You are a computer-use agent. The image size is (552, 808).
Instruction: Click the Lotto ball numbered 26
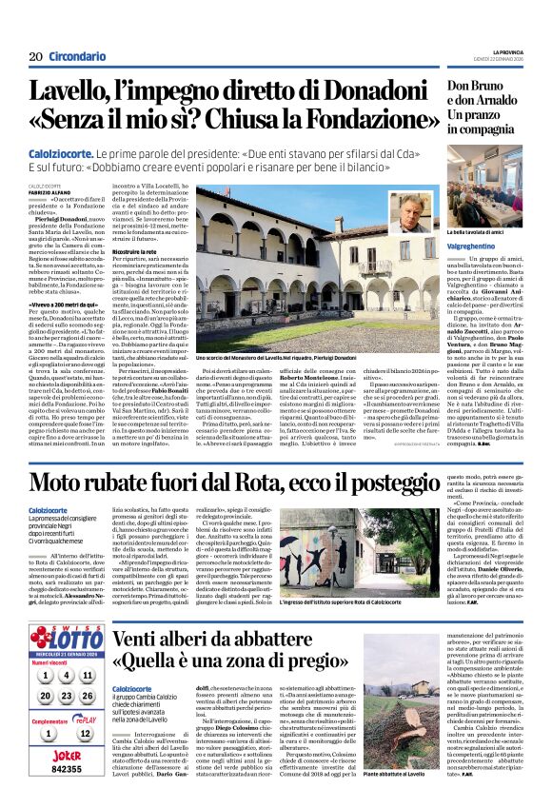point(87,696)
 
